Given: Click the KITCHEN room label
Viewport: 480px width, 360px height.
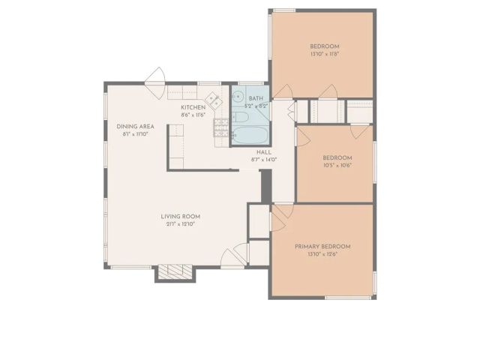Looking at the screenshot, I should pyautogui.click(x=193, y=107).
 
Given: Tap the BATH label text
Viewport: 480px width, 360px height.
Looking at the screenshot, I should pyautogui.click(x=256, y=98).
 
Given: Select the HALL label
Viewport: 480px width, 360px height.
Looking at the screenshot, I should pyautogui.click(x=263, y=151).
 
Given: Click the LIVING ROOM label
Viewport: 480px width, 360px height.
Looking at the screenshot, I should pyautogui.click(x=180, y=217).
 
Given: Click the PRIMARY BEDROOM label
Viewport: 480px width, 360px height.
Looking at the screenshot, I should pyautogui.click(x=322, y=247).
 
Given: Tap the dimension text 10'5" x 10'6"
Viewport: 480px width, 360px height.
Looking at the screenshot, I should pyautogui.click(x=337, y=166).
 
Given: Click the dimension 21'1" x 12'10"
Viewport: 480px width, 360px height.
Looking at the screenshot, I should pyautogui.click(x=180, y=224).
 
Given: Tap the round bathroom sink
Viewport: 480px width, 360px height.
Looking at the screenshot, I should pyautogui.click(x=237, y=96).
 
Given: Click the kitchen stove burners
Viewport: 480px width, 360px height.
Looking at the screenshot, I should pyautogui.click(x=221, y=130).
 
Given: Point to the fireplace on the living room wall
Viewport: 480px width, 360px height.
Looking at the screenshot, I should pyautogui.click(x=175, y=272).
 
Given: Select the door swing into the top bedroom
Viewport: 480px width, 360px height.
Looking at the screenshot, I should pyautogui.click(x=283, y=90).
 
